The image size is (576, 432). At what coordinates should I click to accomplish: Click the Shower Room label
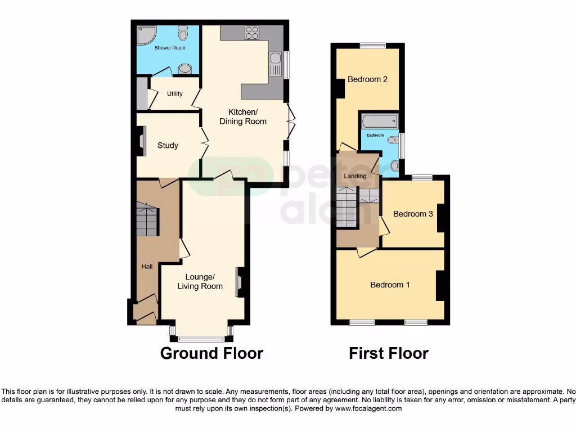point(170,48)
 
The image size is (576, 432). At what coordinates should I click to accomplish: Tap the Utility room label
point(175,94)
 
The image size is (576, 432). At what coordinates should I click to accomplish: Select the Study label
point(168,146)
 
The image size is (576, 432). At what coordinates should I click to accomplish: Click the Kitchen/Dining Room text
point(243,116)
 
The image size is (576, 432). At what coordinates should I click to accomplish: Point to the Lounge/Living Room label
point(200,282)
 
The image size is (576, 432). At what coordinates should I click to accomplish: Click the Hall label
point(147,267)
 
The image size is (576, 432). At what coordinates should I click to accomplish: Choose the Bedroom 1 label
point(390,285)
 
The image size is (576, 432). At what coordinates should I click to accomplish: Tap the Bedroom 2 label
point(367,79)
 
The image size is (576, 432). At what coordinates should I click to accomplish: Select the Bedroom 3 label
point(413,214)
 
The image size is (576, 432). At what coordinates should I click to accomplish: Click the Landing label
point(355,176)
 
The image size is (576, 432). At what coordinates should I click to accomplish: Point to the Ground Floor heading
point(211,353)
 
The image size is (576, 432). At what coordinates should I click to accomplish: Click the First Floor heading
point(389,353)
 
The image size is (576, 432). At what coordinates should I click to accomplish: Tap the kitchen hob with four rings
point(252,33)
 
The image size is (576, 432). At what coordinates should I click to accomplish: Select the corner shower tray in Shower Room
point(147,36)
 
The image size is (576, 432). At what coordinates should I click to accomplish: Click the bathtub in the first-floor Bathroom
point(380,121)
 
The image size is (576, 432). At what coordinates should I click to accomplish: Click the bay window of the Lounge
point(201,338)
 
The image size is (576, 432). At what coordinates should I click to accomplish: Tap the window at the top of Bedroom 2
point(373,46)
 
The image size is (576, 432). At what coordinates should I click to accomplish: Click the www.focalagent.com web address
point(368,408)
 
